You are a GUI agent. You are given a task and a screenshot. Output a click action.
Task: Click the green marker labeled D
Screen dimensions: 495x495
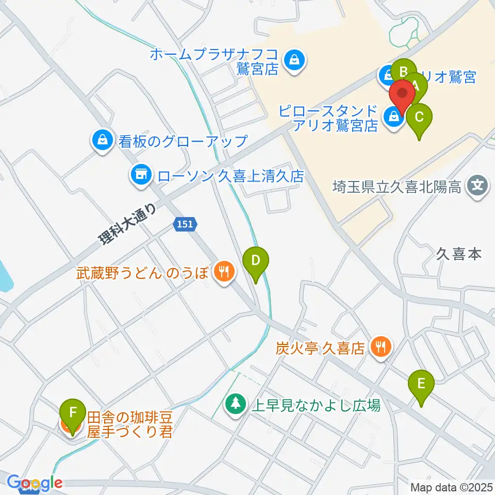pos(256,260)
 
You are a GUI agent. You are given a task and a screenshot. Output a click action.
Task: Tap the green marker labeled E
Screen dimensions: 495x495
pos(421,384)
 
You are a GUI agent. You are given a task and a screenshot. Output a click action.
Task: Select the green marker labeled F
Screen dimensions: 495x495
pos(73,414)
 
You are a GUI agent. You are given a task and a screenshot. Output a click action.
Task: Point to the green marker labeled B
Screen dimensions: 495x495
pos(404,73)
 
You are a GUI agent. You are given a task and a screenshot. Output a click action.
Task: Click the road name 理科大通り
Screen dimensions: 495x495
pos(127,225)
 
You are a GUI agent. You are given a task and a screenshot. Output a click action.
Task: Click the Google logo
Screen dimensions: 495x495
pos(35,483)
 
